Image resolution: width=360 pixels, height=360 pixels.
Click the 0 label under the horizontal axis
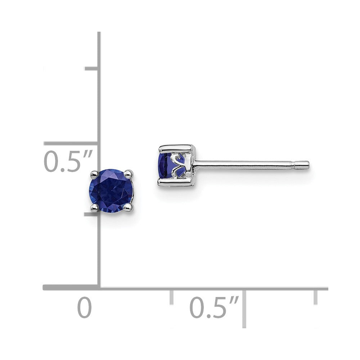(x=85, y=307)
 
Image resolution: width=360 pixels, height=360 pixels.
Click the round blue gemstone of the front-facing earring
(x=111, y=190)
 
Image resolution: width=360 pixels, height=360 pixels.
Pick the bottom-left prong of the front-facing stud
(x=95, y=207)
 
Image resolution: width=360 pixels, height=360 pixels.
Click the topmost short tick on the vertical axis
(x=91, y=68)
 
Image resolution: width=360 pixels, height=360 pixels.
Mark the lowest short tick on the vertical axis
(x=91, y=214)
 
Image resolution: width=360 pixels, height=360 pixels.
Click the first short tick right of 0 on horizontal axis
(x=171, y=296)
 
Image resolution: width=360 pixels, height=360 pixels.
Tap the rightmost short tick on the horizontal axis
(x=316, y=296)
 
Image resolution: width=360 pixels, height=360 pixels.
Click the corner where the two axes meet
(x=99, y=288)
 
